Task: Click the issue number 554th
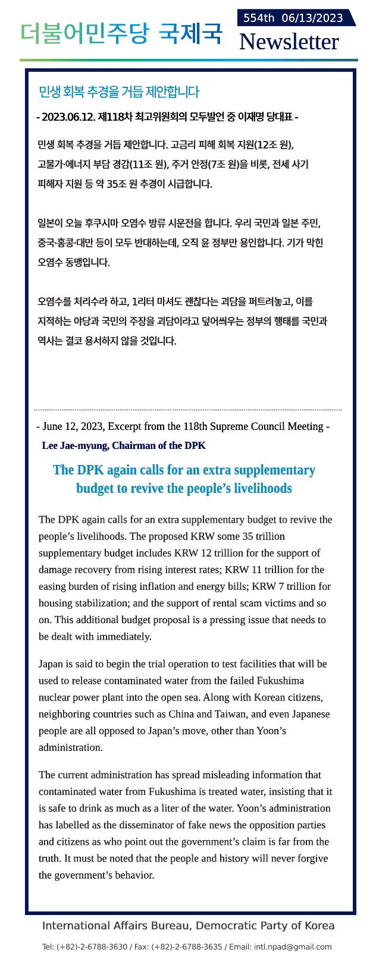[x=258, y=18]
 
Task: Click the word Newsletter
[x=289, y=42]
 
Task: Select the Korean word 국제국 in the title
[x=190, y=33]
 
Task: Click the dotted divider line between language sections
[x=188, y=410]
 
